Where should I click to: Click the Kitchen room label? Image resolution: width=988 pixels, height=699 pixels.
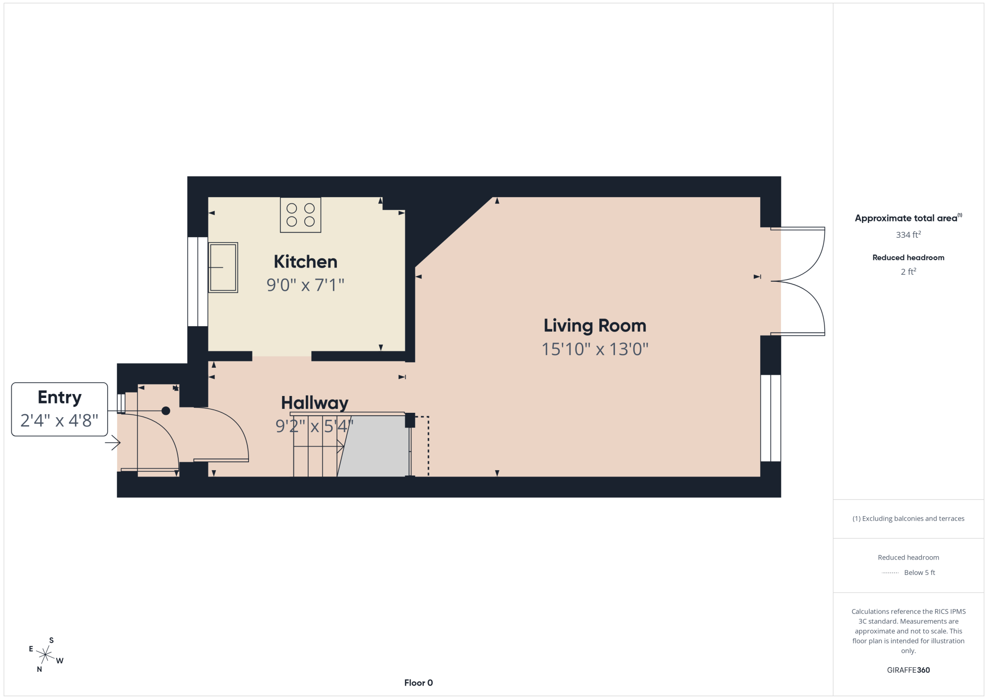click(x=305, y=262)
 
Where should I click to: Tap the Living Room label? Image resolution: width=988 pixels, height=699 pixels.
click(x=595, y=326)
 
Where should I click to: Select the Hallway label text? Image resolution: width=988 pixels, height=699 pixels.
click(x=315, y=403)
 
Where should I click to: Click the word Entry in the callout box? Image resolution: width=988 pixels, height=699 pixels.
click(x=60, y=398)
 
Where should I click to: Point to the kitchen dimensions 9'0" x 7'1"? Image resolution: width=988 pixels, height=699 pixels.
click(x=305, y=285)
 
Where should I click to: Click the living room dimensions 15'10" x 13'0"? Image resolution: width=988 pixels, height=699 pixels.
click(x=595, y=349)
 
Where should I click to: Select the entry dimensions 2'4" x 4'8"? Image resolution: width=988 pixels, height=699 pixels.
click(x=59, y=420)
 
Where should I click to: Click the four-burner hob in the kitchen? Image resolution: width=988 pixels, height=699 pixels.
click(x=300, y=215)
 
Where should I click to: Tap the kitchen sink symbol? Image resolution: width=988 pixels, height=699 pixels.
click(x=223, y=267)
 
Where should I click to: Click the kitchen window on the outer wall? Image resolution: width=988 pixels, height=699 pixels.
click(x=198, y=282)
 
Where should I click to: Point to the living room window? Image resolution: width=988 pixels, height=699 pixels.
click(x=771, y=418)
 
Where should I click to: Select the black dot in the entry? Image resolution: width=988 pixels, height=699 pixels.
click(x=166, y=411)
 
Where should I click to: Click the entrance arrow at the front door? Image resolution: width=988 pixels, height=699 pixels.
click(x=113, y=442)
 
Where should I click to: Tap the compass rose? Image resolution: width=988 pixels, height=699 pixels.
click(x=45, y=655)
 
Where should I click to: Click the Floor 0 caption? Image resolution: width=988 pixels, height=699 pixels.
click(x=418, y=683)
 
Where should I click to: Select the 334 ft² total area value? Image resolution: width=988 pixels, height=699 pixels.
click(x=908, y=234)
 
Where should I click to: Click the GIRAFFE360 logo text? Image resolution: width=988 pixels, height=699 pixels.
click(x=908, y=670)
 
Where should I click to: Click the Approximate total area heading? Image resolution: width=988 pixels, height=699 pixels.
click(x=908, y=218)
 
